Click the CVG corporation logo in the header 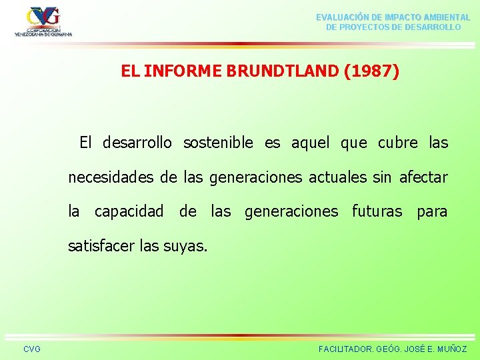[43, 21]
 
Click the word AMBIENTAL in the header [441, 17]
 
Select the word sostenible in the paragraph [218, 143]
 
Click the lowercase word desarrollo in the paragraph [137, 143]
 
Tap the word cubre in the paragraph [398, 143]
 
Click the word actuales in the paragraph [341, 177]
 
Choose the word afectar [423, 177]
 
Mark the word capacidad [129, 212]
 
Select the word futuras [377, 212]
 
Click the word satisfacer [102, 247]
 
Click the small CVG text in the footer [31, 349]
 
